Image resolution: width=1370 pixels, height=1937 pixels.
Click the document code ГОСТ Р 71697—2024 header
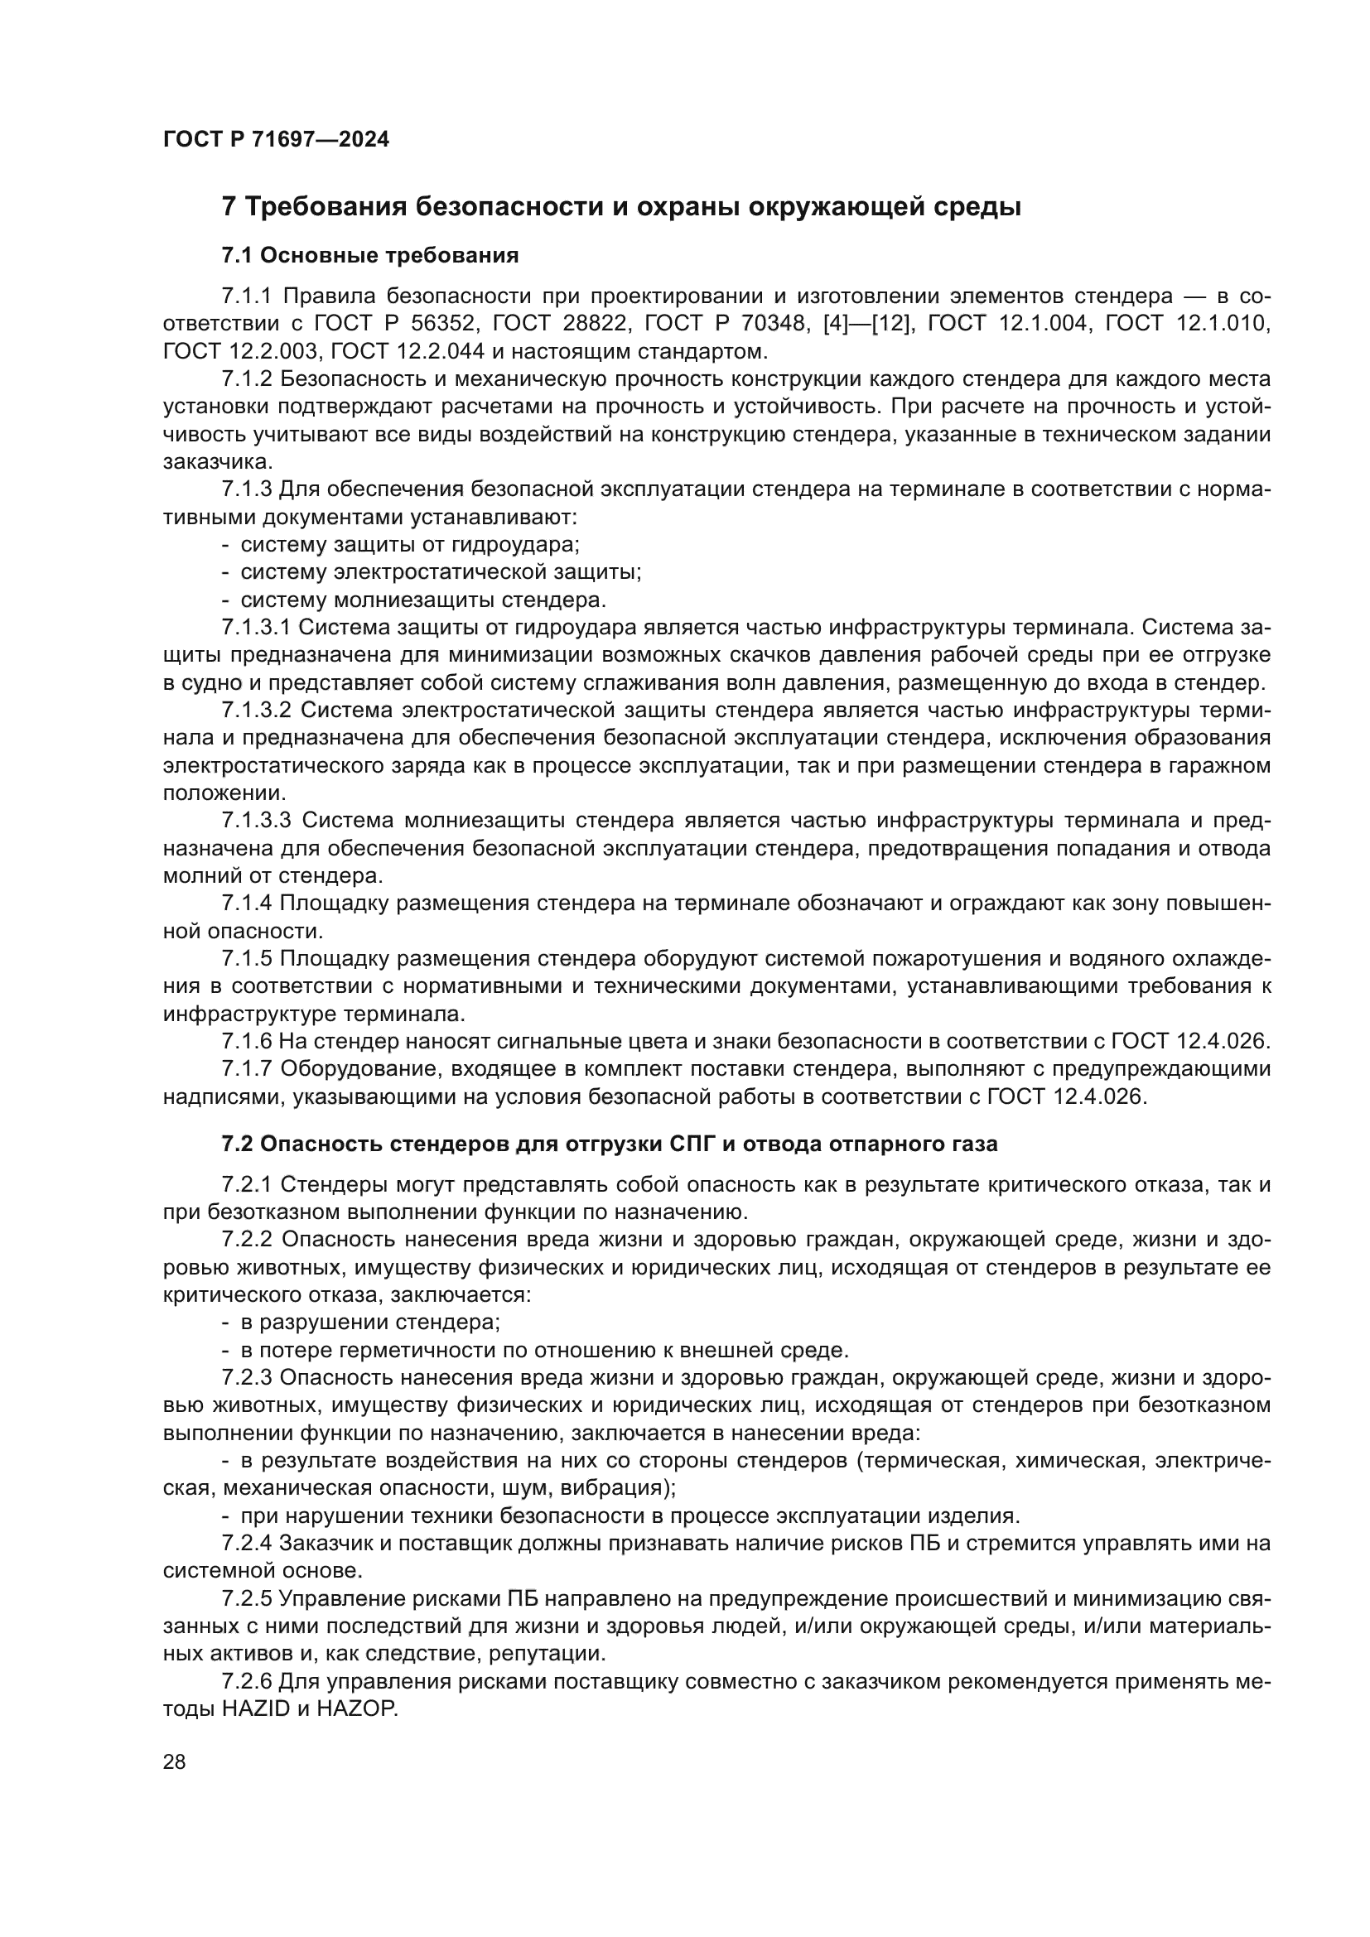point(276,140)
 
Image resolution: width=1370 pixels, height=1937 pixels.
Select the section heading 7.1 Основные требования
point(369,255)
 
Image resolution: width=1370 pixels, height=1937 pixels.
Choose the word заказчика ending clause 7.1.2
point(218,461)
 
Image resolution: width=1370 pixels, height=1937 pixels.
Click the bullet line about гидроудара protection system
point(410,544)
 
